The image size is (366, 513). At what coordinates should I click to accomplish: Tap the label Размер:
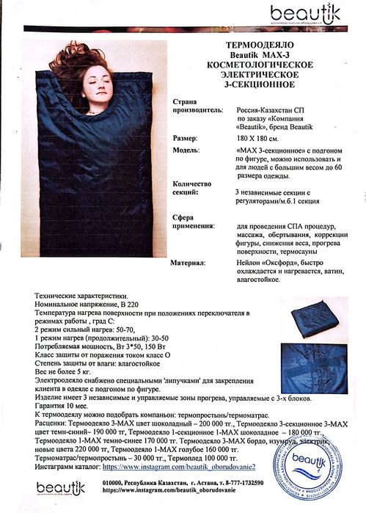(184, 137)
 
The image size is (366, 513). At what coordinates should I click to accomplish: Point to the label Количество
(192, 183)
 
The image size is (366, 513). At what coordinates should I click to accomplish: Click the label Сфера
(183, 217)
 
